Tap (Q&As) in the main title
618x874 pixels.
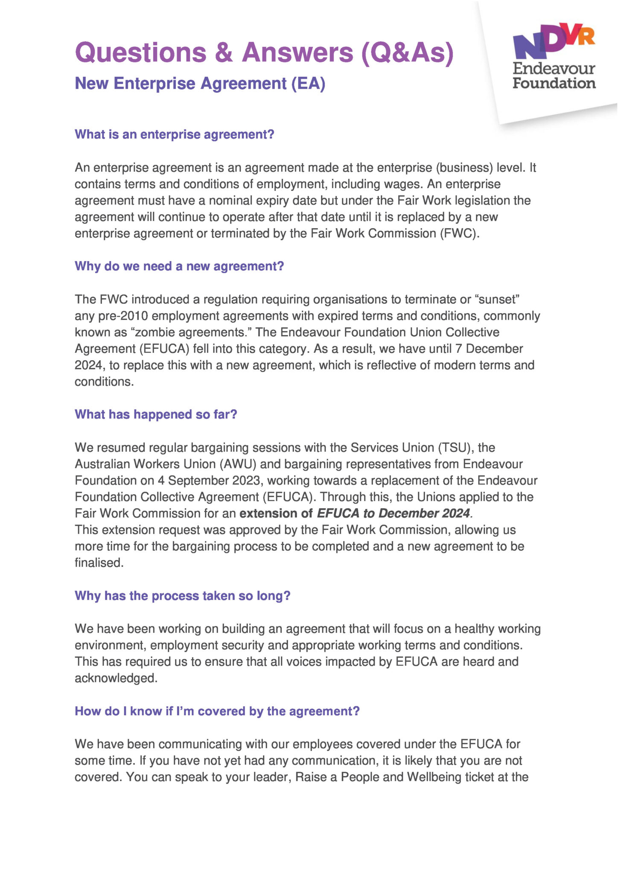[x=407, y=52]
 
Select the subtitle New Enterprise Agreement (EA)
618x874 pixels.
[x=200, y=83]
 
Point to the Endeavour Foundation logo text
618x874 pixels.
[x=554, y=76]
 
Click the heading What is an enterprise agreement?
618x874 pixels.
[x=174, y=134]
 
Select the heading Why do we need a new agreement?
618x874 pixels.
[x=179, y=266]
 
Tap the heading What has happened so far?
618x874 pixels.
[x=156, y=414]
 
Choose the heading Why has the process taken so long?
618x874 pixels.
[x=182, y=596]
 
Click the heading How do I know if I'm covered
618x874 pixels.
[x=217, y=711]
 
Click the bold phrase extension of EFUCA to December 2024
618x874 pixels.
[x=355, y=513]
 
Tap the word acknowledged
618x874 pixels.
[x=116, y=678]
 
